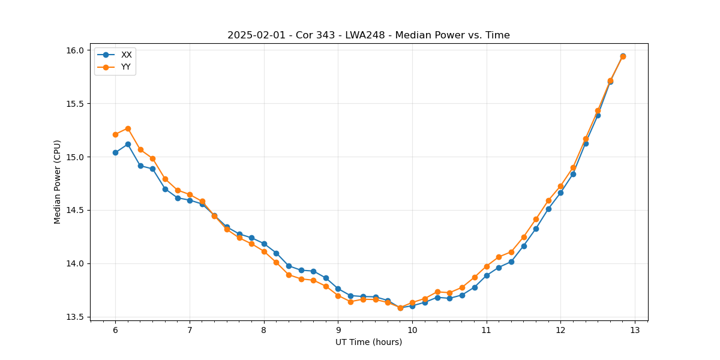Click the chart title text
[x=368, y=35]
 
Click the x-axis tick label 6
[x=115, y=331]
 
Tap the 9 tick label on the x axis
[x=338, y=331]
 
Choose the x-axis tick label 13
[x=635, y=331]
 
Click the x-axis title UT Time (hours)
[x=368, y=343]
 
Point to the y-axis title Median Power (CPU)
[x=58, y=182]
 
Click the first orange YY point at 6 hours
[x=115, y=134]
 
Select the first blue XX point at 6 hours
[x=115, y=152]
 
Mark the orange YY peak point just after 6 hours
[x=128, y=128]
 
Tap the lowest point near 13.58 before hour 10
[x=400, y=308]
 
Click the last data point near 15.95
[x=623, y=56]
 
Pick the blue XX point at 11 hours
[x=487, y=275]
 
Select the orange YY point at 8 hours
[x=264, y=251]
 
